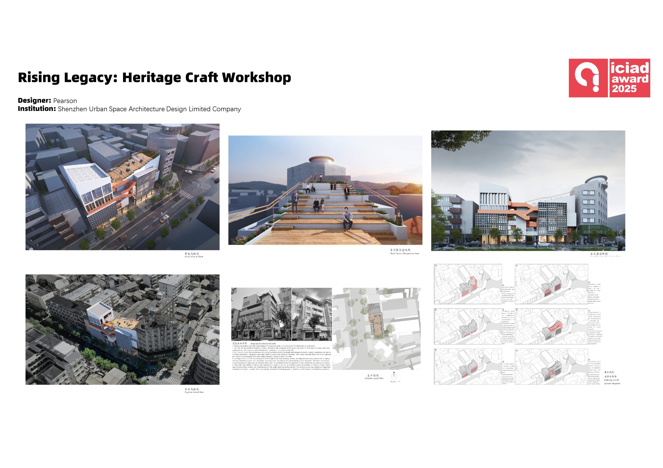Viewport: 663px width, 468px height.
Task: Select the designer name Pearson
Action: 65,101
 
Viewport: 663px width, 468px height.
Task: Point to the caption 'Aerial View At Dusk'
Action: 194,256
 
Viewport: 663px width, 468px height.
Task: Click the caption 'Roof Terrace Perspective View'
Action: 404,253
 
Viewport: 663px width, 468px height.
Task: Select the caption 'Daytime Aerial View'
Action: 194,392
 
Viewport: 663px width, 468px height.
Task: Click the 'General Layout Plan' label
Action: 374,378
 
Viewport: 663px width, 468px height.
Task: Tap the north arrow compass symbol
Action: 394,376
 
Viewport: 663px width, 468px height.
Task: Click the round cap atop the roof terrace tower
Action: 321,159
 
